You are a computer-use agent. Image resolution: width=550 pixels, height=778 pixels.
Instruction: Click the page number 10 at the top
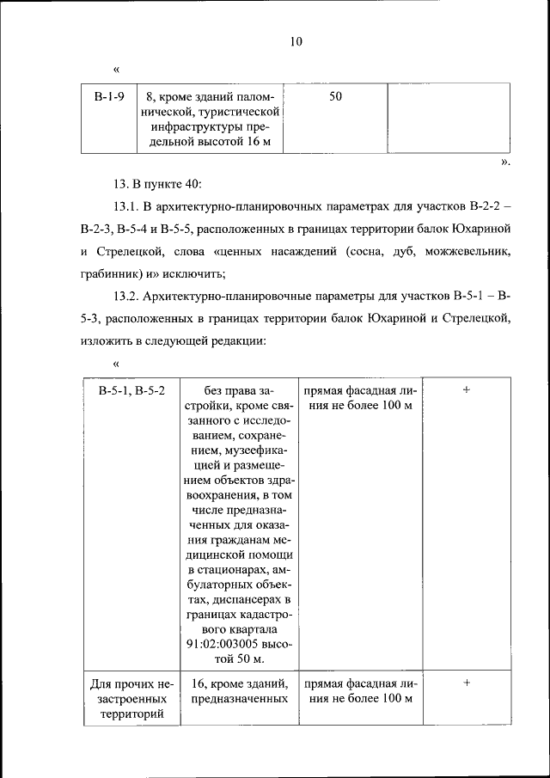point(296,40)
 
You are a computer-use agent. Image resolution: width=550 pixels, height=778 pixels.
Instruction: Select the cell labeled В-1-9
point(109,96)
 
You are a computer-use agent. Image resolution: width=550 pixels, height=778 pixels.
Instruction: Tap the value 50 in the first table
point(335,96)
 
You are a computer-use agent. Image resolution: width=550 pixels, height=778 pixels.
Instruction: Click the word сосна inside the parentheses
point(367,252)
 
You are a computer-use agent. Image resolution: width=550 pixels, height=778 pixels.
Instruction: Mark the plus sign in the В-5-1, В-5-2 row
point(467,389)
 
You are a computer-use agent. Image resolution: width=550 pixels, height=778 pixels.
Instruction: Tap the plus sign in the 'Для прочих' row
point(467,683)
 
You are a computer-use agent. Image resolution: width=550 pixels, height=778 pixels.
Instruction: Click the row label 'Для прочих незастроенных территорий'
point(131,699)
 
